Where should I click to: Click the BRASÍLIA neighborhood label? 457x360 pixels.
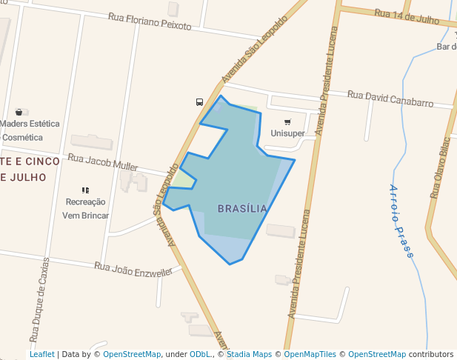point(242,209)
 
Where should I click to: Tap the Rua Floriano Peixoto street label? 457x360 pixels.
point(150,21)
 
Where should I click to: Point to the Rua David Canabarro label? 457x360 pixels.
point(390,99)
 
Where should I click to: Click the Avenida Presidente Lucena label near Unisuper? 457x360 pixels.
point(327,81)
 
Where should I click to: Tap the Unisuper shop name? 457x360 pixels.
point(287,133)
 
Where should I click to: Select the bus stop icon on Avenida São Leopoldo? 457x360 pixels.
point(199,102)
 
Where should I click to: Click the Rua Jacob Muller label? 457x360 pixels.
point(103,162)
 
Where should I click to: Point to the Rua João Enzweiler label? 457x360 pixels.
point(133,269)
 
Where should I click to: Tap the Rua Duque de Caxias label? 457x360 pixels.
point(40,299)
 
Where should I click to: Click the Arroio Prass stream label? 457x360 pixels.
point(401,221)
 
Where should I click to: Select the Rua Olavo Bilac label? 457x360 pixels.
point(440,167)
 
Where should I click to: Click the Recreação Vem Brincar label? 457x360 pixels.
point(86,208)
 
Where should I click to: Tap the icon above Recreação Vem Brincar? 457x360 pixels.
point(86,190)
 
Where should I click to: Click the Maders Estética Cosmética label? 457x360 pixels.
point(30,130)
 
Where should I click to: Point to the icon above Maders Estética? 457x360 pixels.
point(19,112)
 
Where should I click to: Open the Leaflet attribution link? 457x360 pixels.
point(41,354)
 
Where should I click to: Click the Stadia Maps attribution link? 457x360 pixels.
point(249,354)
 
